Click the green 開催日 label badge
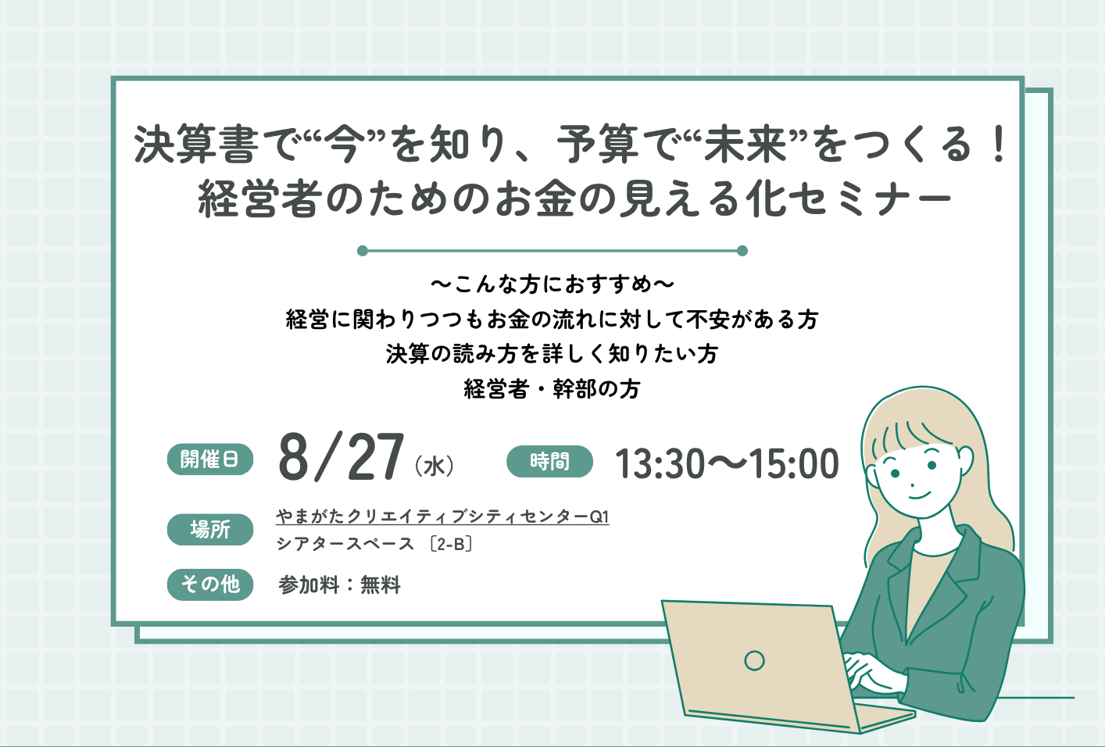(x=210, y=459)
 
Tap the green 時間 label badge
(x=549, y=461)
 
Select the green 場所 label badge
(x=210, y=530)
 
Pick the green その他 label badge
(x=210, y=584)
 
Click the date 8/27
(x=342, y=456)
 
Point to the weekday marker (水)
(x=434, y=466)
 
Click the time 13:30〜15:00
(x=727, y=464)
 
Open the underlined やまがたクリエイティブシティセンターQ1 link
(x=442, y=516)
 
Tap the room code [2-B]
(x=451, y=544)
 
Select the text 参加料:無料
(x=339, y=585)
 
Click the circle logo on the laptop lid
(x=754, y=660)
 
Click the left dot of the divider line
(x=363, y=251)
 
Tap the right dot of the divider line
(x=742, y=251)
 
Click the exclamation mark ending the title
(x=1000, y=144)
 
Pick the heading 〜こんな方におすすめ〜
(x=552, y=284)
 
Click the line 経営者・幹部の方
(x=552, y=389)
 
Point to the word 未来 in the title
(x=745, y=145)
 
